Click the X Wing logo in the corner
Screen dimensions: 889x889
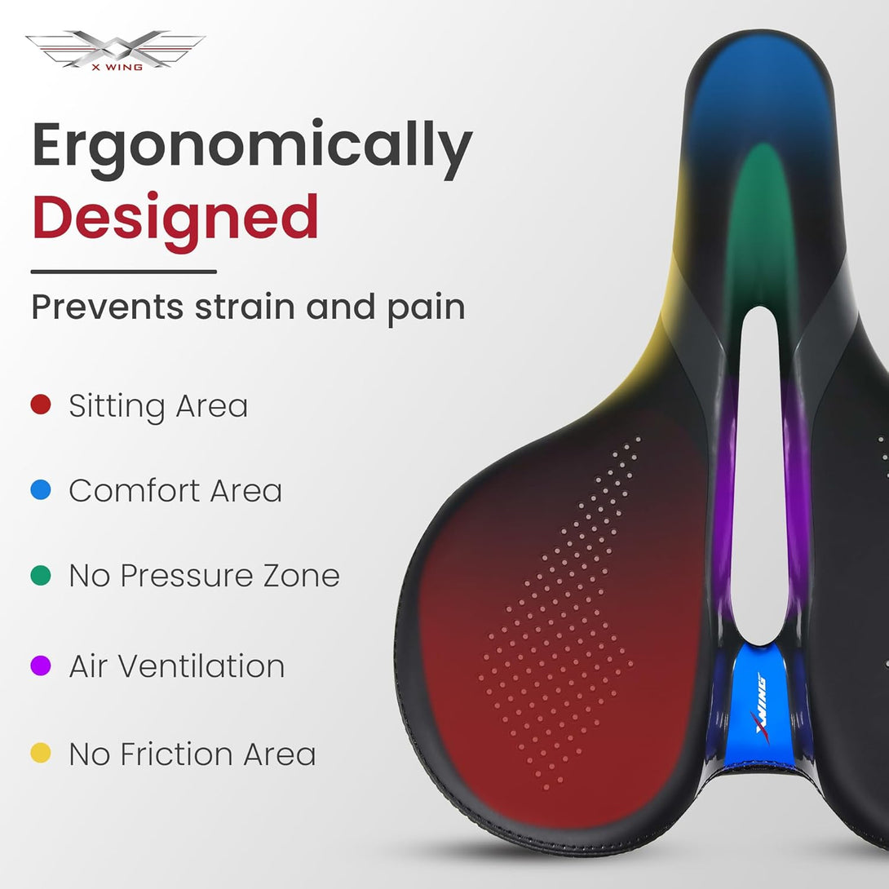[116, 50]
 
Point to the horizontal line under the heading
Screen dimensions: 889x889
[124, 272]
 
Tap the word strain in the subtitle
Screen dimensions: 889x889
[245, 307]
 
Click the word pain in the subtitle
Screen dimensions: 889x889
[427, 310]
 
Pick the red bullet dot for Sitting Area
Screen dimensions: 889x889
[41, 405]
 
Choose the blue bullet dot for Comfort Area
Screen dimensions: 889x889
[41, 490]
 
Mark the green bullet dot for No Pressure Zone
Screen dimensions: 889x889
[41, 575]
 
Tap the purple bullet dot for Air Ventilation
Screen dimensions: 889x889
[41, 666]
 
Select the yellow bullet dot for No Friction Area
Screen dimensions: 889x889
[41, 753]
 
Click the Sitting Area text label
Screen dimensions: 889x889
[158, 407]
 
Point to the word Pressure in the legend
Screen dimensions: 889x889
[188, 576]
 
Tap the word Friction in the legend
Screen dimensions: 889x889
[177, 754]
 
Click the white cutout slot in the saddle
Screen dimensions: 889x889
[759, 476]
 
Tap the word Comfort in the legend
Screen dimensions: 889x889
[134, 490]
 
